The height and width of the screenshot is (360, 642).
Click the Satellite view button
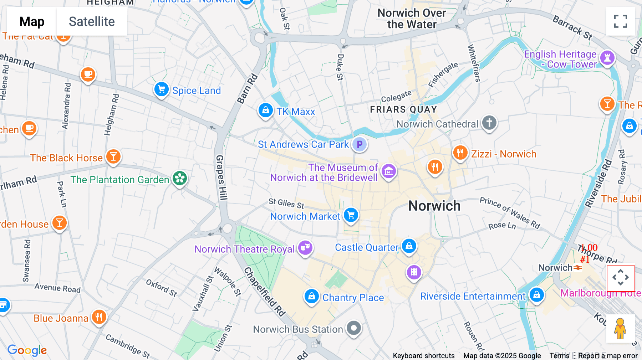(92, 22)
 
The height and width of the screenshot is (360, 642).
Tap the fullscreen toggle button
(620, 21)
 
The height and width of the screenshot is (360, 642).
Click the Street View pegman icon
(620, 328)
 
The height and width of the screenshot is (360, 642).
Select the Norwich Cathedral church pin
(489, 123)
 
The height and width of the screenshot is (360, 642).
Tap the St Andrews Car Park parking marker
(360, 144)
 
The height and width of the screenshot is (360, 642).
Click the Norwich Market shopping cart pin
(351, 215)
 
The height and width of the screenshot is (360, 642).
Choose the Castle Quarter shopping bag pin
(409, 246)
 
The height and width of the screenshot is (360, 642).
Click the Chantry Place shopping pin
(311, 296)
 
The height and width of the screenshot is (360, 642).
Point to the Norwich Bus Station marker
(354, 328)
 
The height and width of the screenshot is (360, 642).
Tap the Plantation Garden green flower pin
(180, 178)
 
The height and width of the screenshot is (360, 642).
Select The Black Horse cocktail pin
(113, 156)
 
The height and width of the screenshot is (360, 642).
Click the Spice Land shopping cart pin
(161, 89)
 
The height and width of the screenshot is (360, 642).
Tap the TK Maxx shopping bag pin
(266, 110)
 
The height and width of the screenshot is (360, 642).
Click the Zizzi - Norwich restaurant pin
(460, 153)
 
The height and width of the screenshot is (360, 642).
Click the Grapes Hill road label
(221, 178)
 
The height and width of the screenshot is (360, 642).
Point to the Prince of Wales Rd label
(510, 212)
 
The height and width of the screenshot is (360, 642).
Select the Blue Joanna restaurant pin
(99, 317)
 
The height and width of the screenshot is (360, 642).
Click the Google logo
(27, 350)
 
